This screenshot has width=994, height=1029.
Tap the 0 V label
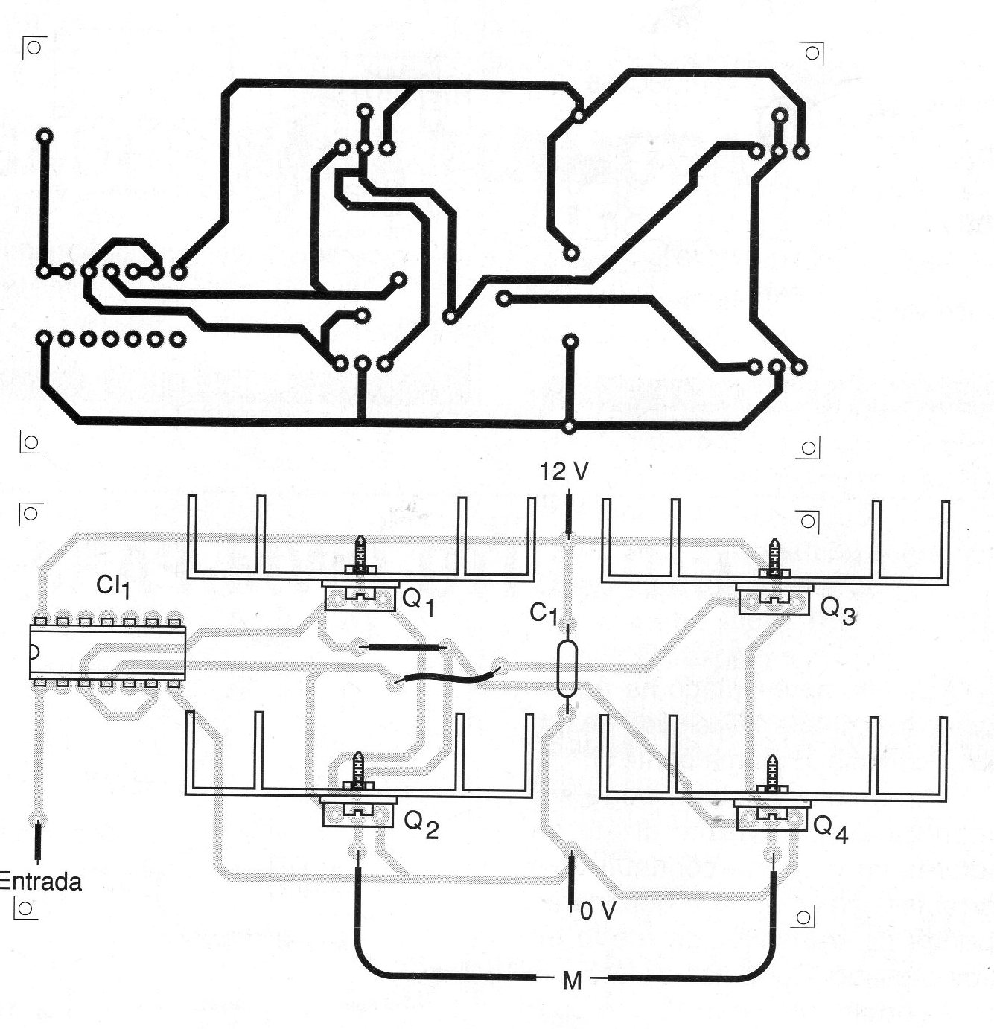(597, 910)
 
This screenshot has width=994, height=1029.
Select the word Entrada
(39, 882)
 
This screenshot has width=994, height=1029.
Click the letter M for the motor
(571, 981)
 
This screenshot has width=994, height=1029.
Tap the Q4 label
(830, 827)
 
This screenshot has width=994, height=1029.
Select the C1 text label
(543, 614)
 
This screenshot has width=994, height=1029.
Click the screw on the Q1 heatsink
(361, 554)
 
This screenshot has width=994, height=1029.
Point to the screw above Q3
(774, 558)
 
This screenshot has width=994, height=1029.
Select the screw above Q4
(771, 774)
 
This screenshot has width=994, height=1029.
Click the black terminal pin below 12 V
(570, 514)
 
